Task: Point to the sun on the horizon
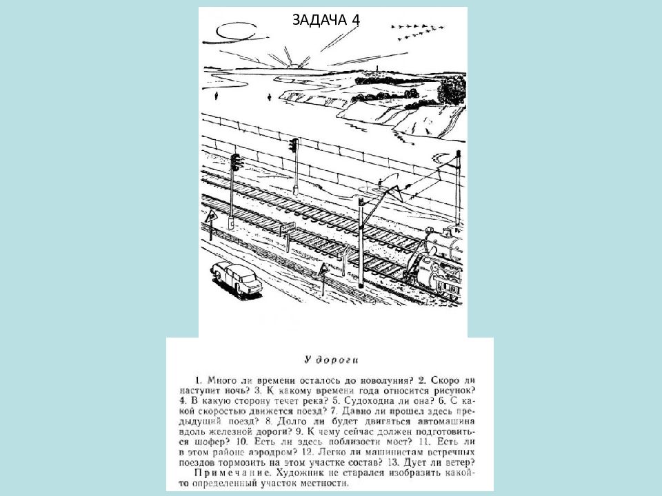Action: pyautogui.click(x=294, y=65)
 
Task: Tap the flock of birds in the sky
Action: pyautogui.click(x=413, y=28)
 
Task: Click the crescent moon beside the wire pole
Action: pyautogui.click(x=381, y=184)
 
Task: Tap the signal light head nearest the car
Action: pyautogui.click(x=236, y=163)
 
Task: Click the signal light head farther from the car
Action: pyautogui.click(x=294, y=146)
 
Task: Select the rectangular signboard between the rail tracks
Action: pyautogui.click(x=289, y=227)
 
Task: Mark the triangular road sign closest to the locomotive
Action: pyautogui.click(x=323, y=268)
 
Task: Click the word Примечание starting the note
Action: pyautogui.click(x=226, y=473)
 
